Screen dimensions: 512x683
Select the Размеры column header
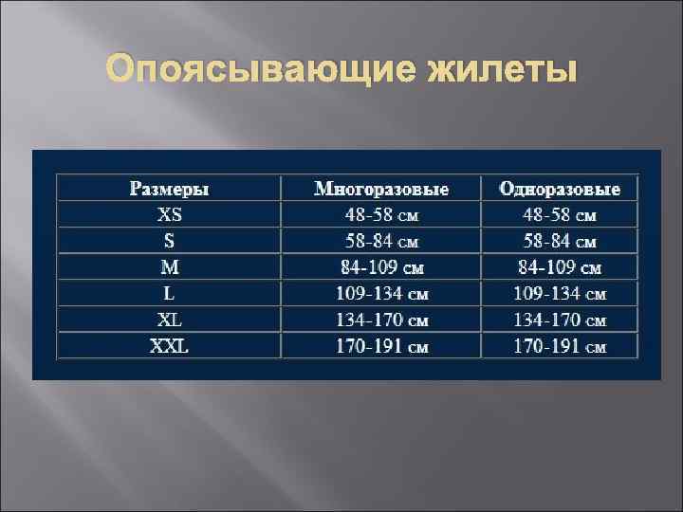tap(169, 189)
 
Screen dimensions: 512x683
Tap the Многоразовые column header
tap(381, 189)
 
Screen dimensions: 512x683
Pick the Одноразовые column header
tap(560, 189)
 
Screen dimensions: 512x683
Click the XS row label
tap(169, 214)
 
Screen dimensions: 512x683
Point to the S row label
tap(169, 241)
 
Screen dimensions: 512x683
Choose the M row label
tap(169, 266)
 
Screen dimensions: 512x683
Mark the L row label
tap(169, 293)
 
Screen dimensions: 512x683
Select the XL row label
tap(169, 320)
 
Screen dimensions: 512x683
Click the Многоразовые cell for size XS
tap(381, 215)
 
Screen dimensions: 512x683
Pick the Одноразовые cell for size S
tap(560, 242)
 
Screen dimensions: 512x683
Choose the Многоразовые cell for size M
tap(381, 267)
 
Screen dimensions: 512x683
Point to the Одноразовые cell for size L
tap(560, 294)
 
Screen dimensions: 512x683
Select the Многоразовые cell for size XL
tap(381, 320)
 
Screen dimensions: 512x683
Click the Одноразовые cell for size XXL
tap(560, 346)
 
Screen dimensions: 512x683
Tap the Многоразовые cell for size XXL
tap(381, 346)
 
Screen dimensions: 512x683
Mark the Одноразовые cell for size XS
tap(560, 215)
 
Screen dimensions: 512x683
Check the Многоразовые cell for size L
tap(381, 294)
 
